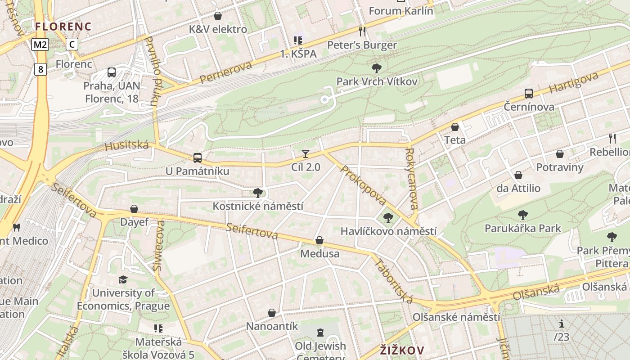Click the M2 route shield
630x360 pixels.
(40, 44)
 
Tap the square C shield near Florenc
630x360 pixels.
(72, 44)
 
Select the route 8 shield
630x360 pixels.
(41, 69)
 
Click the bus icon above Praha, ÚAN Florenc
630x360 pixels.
(112, 72)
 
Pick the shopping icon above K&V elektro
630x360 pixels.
(218, 16)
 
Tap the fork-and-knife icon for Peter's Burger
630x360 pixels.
(362, 31)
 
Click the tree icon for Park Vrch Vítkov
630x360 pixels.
(377, 68)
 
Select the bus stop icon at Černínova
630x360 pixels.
(529, 94)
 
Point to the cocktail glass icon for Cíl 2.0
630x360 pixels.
(306, 154)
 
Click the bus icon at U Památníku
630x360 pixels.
(197, 157)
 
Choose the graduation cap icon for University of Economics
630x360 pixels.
(123, 280)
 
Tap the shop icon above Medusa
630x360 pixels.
(319, 240)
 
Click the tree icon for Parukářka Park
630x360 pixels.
(522, 215)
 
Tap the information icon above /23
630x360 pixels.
(561, 324)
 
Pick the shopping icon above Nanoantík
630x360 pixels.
(272, 312)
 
